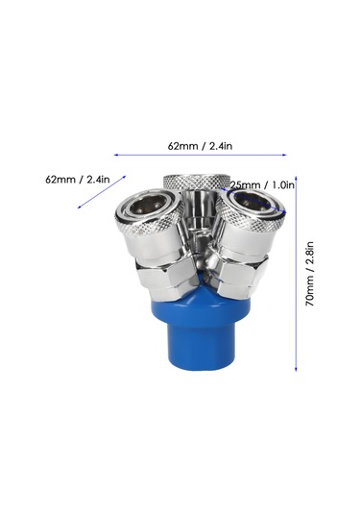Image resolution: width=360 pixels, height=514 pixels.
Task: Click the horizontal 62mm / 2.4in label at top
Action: pos(200,146)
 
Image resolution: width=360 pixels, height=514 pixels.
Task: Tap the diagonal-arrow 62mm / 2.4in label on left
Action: pos(78,180)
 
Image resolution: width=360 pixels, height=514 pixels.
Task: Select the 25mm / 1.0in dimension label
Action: pos(262,185)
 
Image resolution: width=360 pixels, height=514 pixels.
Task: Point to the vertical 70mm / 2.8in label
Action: pos(310,274)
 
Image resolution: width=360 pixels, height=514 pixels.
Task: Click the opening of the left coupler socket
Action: pos(148,207)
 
